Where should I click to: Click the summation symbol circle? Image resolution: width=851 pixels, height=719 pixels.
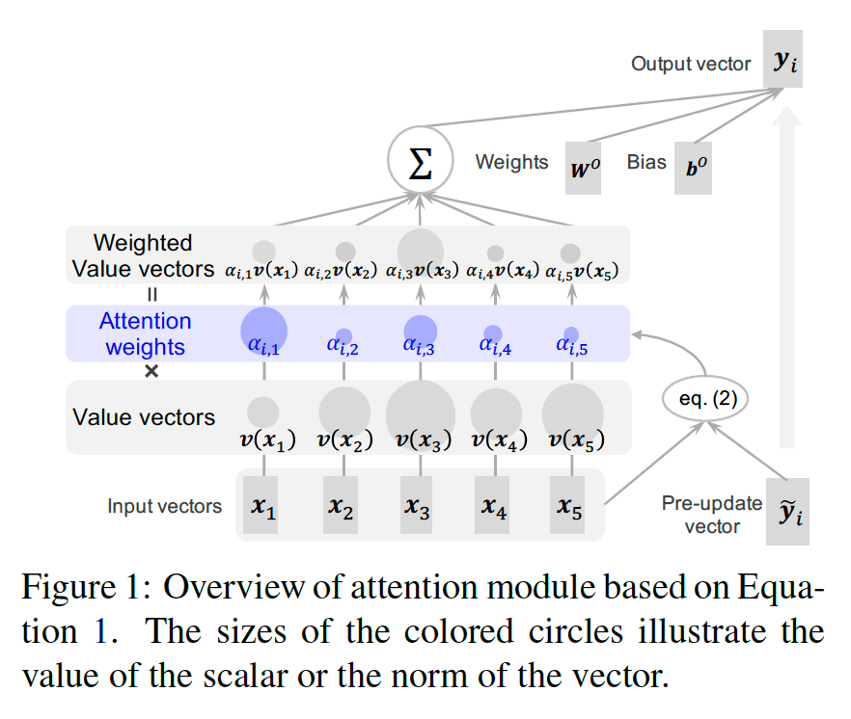click(421, 163)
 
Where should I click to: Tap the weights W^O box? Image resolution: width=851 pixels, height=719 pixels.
click(583, 170)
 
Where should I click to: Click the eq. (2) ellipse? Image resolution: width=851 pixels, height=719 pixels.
click(705, 398)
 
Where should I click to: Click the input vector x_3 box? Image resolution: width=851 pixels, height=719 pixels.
click(417, 506)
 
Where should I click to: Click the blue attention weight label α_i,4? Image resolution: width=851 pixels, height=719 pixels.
click(493, 348)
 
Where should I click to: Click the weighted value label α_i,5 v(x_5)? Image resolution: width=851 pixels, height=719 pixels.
click(582, 271)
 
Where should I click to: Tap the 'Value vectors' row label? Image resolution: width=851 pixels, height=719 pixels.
click(144, 417)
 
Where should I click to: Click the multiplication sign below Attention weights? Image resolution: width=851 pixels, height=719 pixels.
click(151, 370)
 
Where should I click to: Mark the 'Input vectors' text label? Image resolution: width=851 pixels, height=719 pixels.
click(164, 506)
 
